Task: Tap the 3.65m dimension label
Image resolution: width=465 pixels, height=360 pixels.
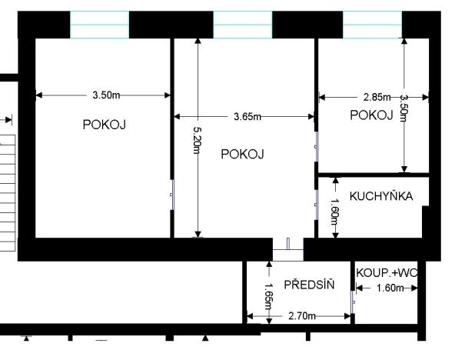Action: (247, 116)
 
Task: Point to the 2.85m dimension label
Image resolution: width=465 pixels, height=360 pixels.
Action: (377, 98)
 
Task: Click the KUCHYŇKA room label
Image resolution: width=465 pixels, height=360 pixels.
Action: (381, 196)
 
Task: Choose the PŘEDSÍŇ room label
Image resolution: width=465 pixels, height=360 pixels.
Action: (310, 285)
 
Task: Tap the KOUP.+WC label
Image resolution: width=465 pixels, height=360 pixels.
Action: (387, 273)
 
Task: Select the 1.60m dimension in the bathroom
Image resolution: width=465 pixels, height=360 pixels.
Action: (390, 288)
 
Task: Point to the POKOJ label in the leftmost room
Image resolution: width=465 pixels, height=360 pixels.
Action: (105, 125)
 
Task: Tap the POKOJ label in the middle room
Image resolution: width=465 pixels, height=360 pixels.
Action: (242, 154)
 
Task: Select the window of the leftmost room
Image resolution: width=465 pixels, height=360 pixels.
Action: (99, 25)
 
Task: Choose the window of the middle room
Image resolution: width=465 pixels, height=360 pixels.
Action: (242, 25)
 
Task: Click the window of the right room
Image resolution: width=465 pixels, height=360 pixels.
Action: (373, 25)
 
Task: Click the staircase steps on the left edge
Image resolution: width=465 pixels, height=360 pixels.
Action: (7, 192)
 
